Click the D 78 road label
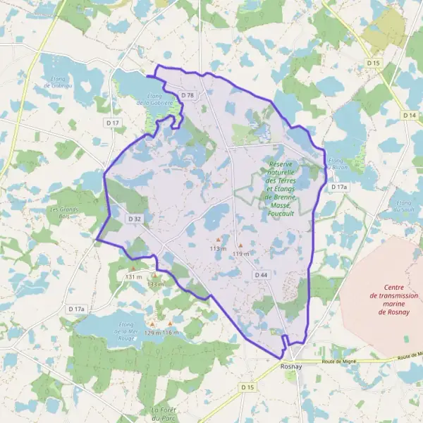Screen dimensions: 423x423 click(187, 95)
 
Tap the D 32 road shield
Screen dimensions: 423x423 click(135, 219)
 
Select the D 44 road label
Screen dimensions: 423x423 click(262, 274)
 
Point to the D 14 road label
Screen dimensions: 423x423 click(410, 115)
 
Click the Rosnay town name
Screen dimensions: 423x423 click(290, 367)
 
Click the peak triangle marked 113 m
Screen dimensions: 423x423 click(219, 240)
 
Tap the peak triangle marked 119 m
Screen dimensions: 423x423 click(240, 245)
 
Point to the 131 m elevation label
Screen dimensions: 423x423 click(133, 277)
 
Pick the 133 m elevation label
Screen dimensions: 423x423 click(156, 284)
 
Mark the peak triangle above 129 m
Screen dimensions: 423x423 click(152, 324)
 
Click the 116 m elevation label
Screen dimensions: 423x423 click(171, 332)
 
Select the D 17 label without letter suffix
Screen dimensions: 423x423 click(112, 123)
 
